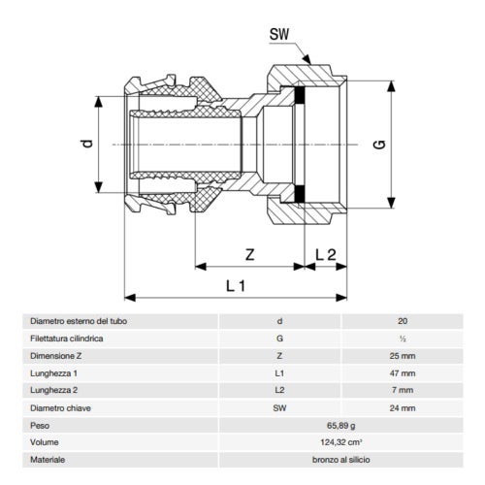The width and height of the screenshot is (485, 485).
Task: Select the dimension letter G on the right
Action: tap(379, 145)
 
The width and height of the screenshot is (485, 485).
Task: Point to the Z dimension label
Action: tap(249, 255)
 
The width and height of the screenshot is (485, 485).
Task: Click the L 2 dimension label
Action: tap(325, 255)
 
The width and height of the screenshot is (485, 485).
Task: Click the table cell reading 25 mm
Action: tap(402, 355)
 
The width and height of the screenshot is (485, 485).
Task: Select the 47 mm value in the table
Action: tap(402, 372)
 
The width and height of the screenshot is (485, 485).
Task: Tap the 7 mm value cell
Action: tap(402, 390)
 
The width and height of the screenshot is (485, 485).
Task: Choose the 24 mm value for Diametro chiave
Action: tap(402, 407)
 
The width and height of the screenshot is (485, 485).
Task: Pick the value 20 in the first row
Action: tap(402, 320)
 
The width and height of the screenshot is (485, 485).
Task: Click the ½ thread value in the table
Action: tap(402, 338)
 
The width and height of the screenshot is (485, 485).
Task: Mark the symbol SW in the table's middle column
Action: tap(280, 407)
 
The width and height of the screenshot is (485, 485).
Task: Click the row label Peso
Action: tap(41, 425)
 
